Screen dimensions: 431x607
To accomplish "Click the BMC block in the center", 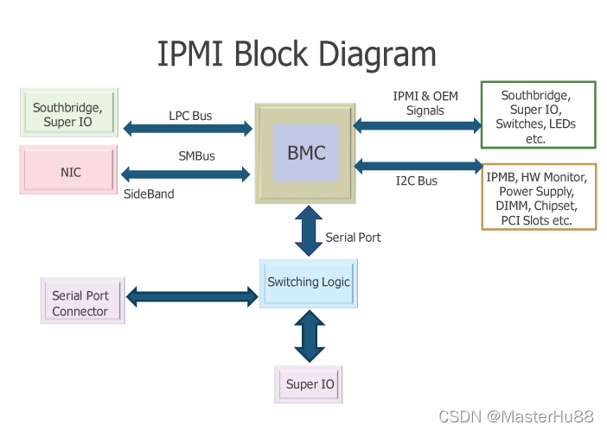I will [x=306, y=154].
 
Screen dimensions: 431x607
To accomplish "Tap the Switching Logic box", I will [x=309, y=282].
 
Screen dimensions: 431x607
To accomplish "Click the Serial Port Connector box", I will [x=82, y=302].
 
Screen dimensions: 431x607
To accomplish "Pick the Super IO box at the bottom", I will [x=310, y=384].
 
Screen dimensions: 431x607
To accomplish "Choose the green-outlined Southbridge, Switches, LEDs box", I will [x=538, y=116].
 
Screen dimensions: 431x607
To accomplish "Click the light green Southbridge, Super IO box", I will [x=67, y=114].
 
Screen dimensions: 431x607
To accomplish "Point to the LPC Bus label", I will [x=190, y=115].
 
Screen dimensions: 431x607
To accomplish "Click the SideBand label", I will [x=149, y=194].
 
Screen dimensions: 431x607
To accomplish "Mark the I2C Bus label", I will [x=417, y=181].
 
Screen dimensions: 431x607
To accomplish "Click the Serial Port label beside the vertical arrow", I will [x=353, y=237].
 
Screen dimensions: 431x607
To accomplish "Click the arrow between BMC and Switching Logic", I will [x=310, y=231].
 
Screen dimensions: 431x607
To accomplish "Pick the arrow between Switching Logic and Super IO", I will [x=309, y=336].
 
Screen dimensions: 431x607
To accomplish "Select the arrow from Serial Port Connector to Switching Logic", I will [x=192, y=296].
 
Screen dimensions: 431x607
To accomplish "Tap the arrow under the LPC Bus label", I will [x=188, y=130].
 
